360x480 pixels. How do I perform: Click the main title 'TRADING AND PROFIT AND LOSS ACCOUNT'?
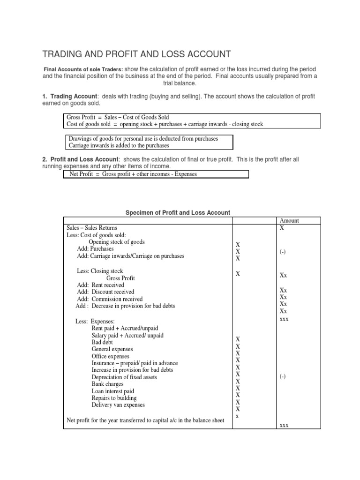tap(137, 54)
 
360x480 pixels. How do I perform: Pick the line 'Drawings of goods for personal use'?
tap(143, 139)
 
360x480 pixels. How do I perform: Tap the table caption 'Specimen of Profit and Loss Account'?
tap(178, 213)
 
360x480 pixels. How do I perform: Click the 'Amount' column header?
tap(289, 221)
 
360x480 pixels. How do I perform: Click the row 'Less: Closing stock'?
tap(100, 271)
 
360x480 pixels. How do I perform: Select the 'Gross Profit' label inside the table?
tap(120, 278)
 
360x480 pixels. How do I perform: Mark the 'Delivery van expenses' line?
tap(118, 405)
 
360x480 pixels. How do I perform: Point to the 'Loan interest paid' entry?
tap(112, 391)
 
